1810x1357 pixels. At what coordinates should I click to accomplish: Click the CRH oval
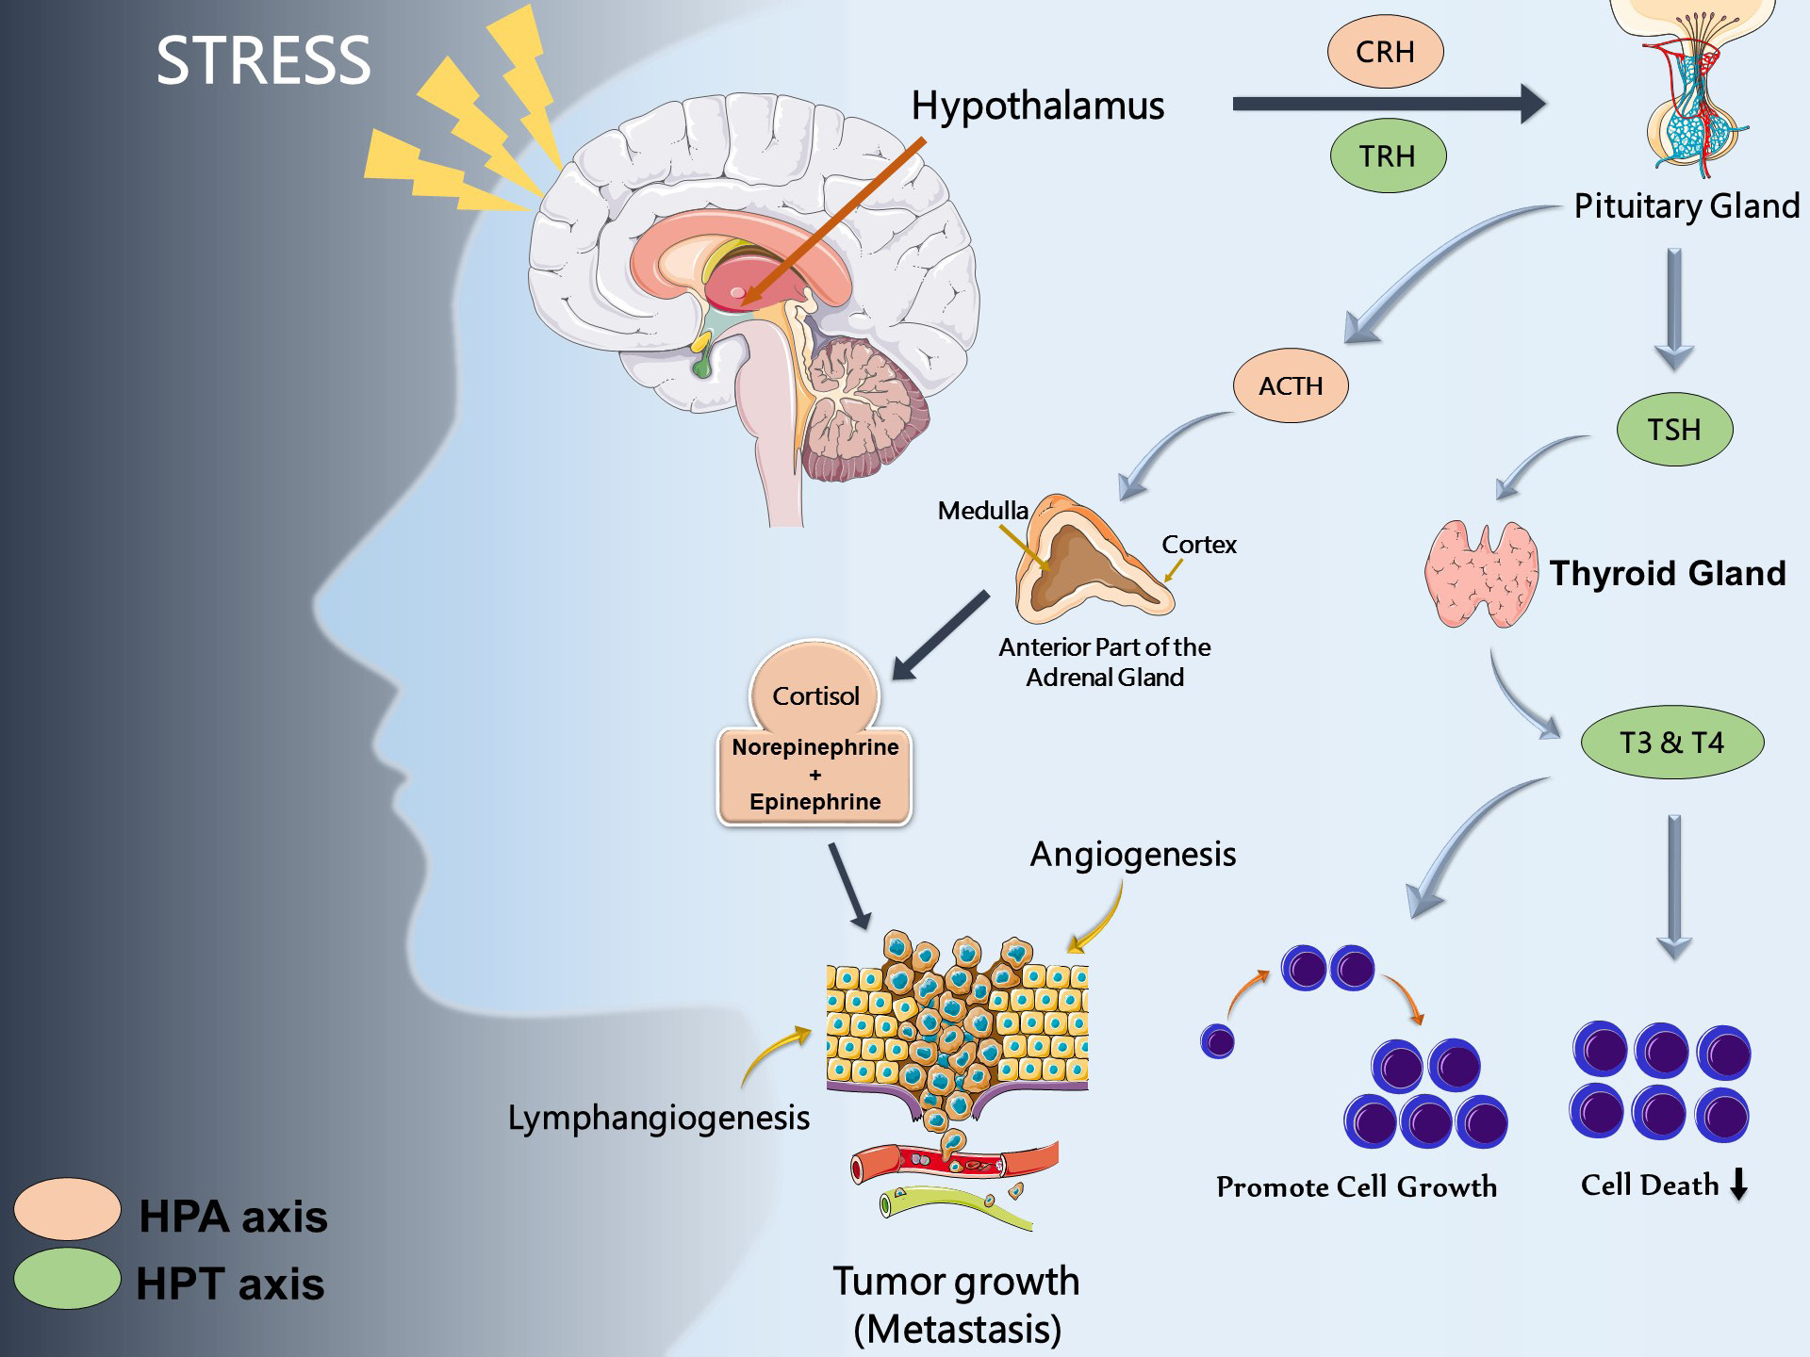1385,52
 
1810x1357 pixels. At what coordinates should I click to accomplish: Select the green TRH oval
1387,155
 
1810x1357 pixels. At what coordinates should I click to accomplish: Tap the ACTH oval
1291,385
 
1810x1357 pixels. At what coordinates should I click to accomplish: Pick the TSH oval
1674,430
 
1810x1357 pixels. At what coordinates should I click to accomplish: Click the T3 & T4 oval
1671,743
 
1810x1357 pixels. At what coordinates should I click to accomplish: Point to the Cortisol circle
815,693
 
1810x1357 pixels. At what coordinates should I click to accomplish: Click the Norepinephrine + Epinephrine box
815,776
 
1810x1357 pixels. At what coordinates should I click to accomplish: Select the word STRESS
263,61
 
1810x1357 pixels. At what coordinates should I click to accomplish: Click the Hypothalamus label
1037,106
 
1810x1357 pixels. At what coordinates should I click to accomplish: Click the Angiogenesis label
1132,854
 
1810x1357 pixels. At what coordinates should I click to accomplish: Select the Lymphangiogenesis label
658,1118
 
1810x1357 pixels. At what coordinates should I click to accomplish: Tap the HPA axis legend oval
67,1208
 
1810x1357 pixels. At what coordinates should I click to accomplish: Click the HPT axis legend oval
67,1278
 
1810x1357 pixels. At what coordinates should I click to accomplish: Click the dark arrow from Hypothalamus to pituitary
1386,104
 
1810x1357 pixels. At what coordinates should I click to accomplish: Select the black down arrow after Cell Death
1739,1184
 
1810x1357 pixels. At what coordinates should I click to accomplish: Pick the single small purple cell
1217,1042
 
